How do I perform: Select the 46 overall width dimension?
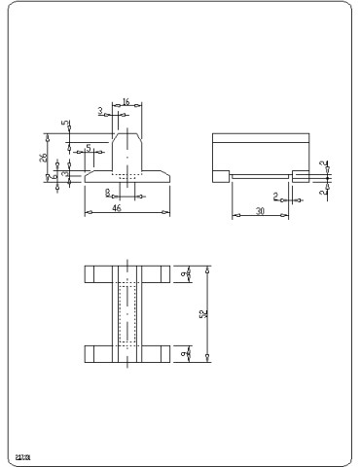116,206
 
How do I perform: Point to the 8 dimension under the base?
108,193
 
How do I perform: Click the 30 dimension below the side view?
260,209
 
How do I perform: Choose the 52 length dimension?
202,313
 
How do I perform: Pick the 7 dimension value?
47,177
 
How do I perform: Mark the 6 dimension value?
64,175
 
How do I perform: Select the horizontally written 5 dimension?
89,148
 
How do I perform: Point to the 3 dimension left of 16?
100,110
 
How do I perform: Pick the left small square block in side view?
221,175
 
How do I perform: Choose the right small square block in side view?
300,175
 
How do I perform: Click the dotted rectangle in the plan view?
127,313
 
